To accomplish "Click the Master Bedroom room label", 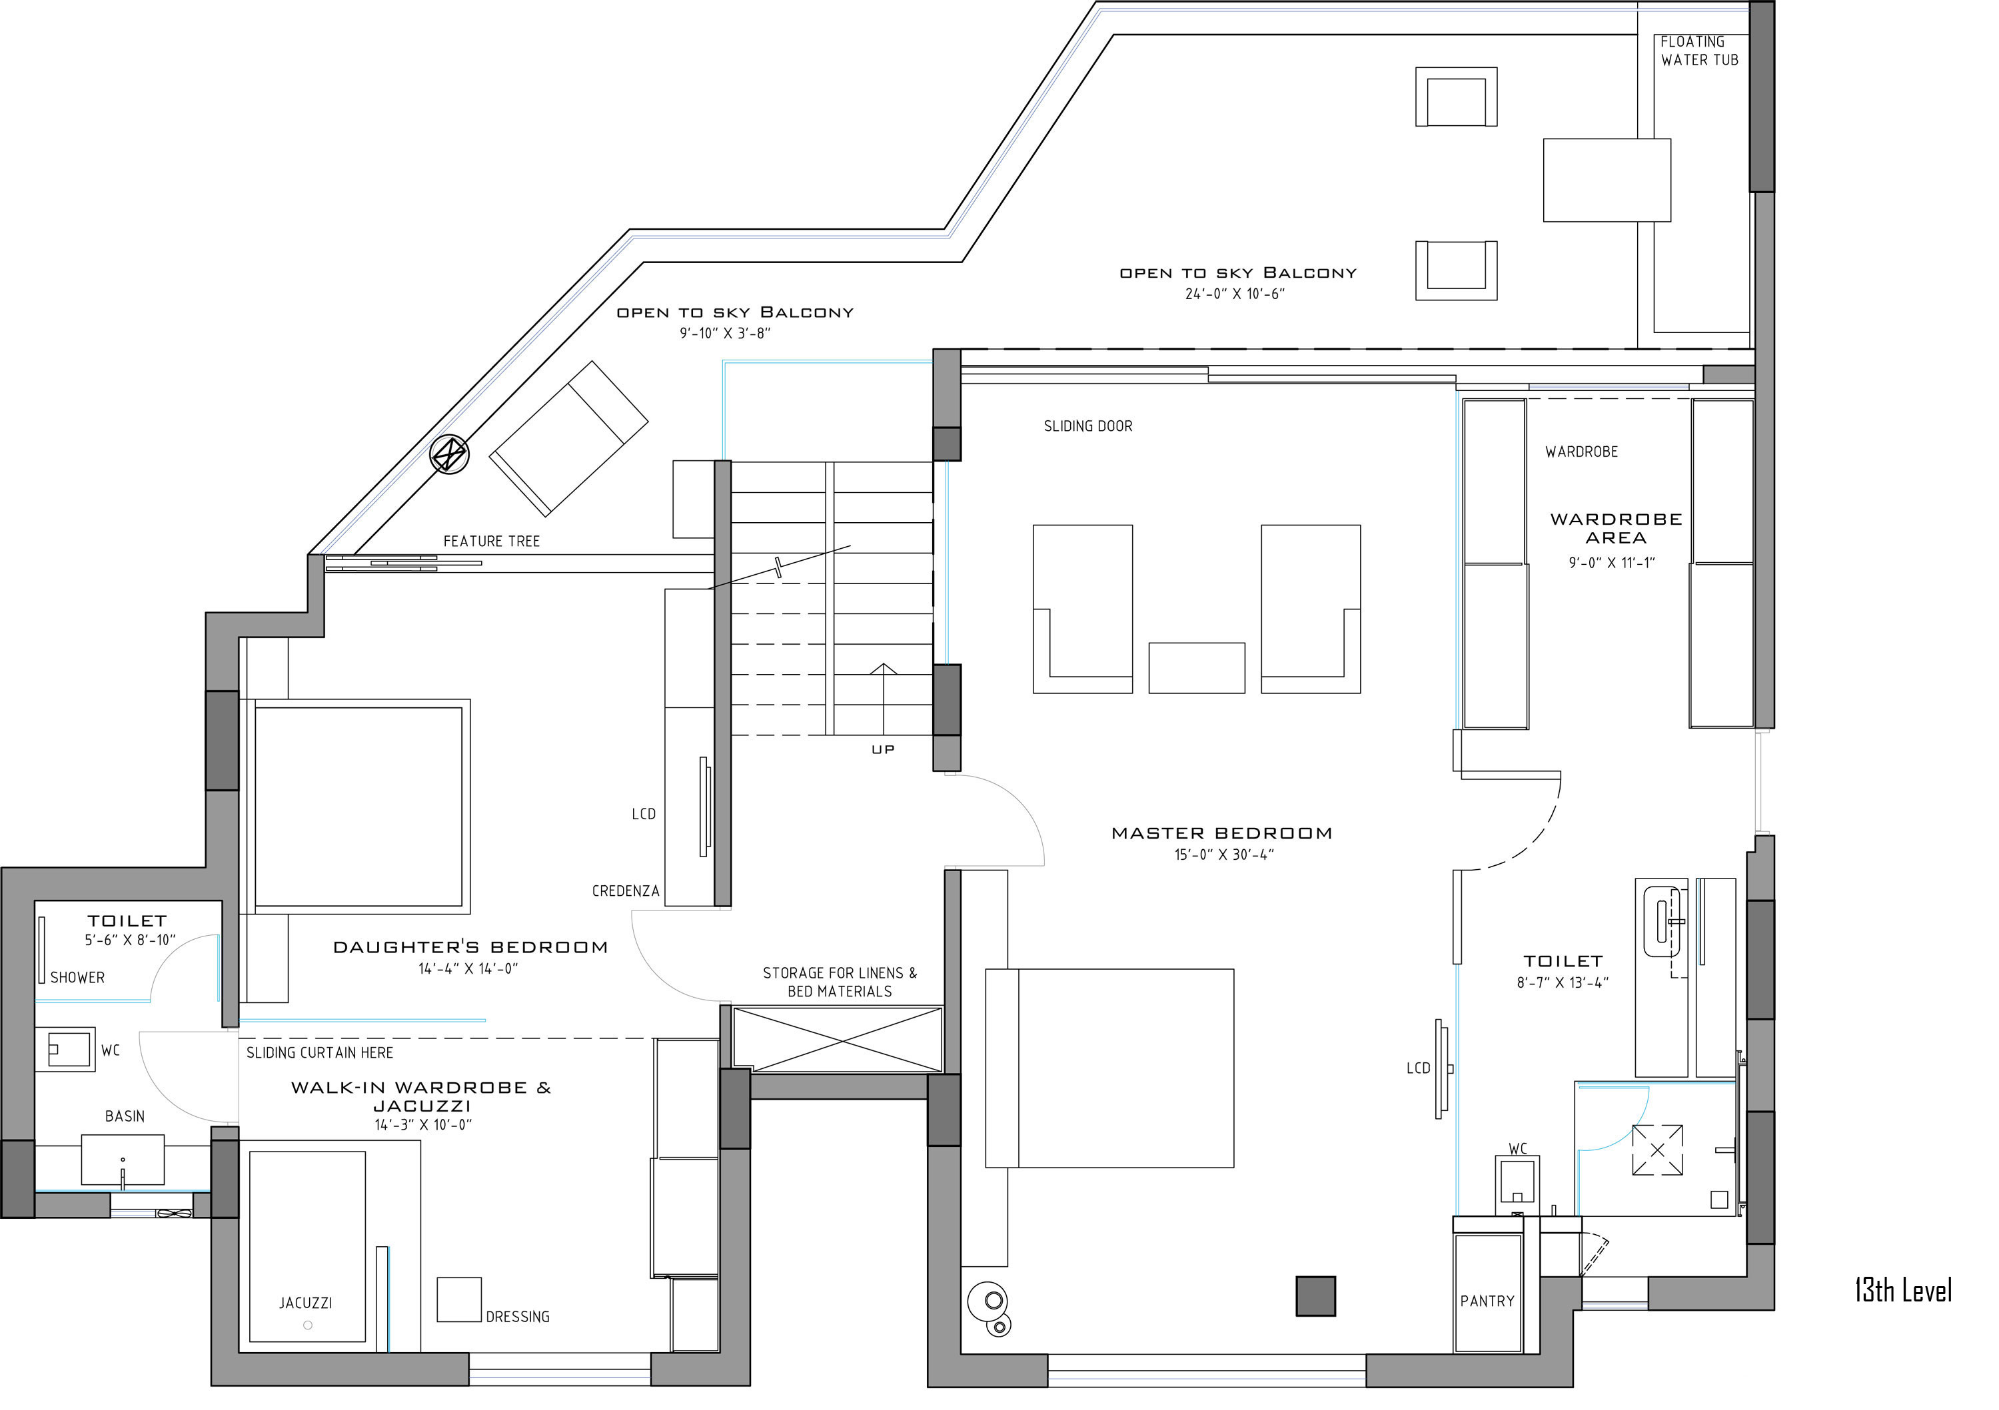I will point(1221,834).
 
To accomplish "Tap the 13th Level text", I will point(1902,1291).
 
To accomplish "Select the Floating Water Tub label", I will point(1698,51).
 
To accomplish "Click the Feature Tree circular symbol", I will point(450,454).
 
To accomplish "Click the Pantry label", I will point(1487,1301).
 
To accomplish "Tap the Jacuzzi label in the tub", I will point(306,1303).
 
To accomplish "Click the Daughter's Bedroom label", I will point(470,948).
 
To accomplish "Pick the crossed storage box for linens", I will point(838,1039).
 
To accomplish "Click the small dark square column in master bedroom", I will point(1315,1296).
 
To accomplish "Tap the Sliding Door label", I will point(1087,426).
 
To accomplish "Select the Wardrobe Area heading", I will point(1616,528).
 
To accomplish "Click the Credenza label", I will point(625,891).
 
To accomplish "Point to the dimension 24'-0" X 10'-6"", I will point(1235,294).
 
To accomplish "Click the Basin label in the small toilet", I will point(125,1117).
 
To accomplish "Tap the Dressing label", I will point(517,1317).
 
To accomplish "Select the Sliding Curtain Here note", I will point(320,1053).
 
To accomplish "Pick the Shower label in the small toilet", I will point(77,978).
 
